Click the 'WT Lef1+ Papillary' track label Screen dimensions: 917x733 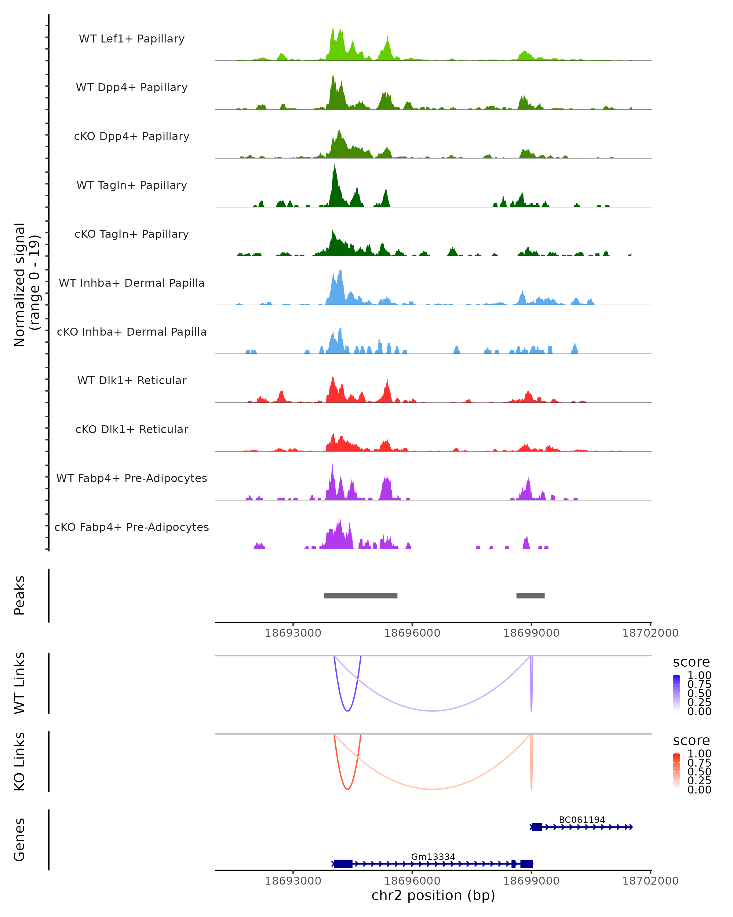(132, 39)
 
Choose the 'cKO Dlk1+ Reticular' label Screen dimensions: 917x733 (132, 429)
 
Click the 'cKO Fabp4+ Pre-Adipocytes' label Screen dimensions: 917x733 (132, 527)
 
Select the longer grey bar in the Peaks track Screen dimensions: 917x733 (361, 595)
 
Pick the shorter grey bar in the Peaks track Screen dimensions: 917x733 (530, 595)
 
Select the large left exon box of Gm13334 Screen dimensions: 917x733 (343, 864)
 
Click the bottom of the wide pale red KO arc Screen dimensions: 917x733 (432, 789)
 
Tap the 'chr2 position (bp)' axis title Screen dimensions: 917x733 (433, 896)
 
